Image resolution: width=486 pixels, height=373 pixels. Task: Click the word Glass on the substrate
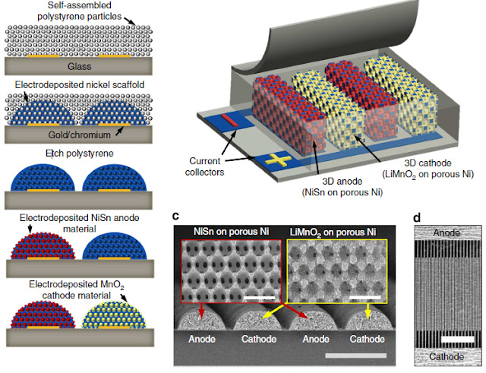pyautogui.click(x=79, y=66)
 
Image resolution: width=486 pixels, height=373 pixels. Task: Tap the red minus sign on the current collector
pyautogui.click(x=229, y=120)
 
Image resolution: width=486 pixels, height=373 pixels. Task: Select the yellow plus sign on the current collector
pyautogui.click(x=278, y=160)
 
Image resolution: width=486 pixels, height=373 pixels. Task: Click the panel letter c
pyautogui.click(x=175, y=215)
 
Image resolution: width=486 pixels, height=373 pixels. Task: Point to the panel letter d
pyautogui.click(x=417, y=218)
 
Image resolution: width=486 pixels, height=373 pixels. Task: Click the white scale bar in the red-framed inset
pyautogui.click(x=260, y=298)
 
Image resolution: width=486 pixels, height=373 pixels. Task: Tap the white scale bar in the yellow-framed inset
pyautogui.click(x=364, y=298)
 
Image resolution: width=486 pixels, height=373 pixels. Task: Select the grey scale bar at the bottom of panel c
pyautogui.click(x=356, y=356)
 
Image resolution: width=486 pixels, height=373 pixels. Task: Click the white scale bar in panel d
pyautogui.click(x=457, y=340)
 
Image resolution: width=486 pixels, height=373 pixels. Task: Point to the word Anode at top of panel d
pyautogui.click(x=447, y=232)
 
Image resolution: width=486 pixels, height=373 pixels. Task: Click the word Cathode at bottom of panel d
pyautogui.click(x=447, y=357)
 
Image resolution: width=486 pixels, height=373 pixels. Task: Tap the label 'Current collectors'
pyautogui.click(x=204, y=166)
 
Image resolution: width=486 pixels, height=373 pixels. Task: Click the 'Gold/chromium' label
pyautogui.click(x=79, y=135)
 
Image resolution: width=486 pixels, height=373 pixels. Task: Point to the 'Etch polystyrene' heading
pyautogui.click(x=79, y=153)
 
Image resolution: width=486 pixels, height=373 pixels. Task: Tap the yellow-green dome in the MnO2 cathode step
pyautogui.click(x=114, y=315)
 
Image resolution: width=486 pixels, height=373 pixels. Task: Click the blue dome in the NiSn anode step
pyautogui.click(x=115, y=246)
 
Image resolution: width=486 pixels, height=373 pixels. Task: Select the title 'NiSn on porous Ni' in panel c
pyautogui.click(x=231, y=232)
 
